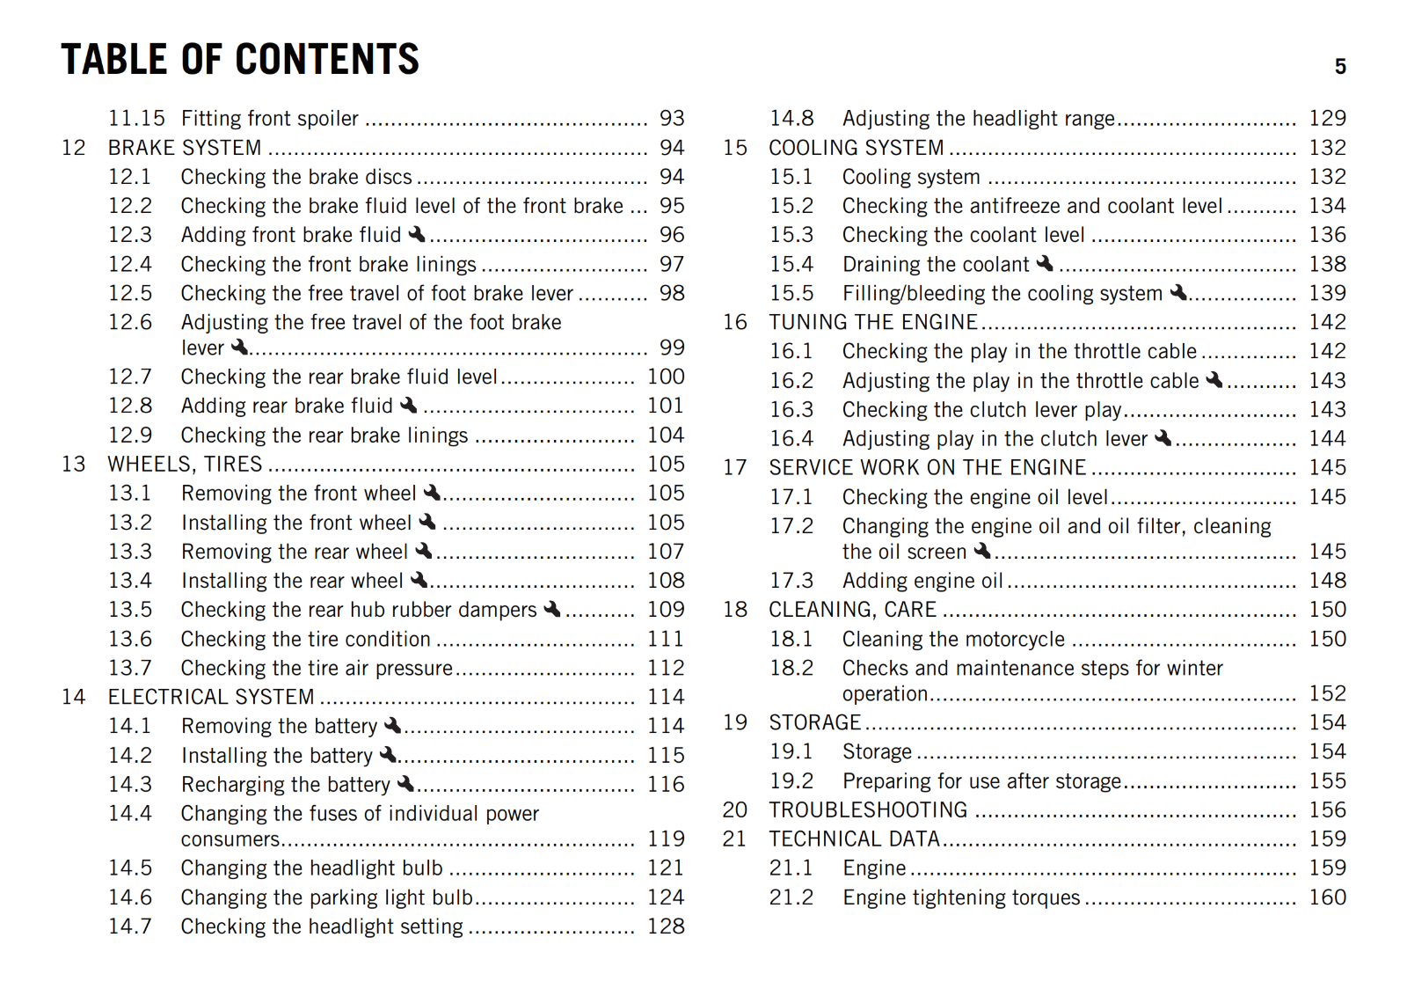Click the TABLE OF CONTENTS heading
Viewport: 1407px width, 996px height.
(x=240, y=60)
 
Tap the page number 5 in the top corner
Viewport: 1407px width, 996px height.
(x=1339, y=67)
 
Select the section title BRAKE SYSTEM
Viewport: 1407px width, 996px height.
(x=185, y=148)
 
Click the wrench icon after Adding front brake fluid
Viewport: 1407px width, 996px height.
(x=417, y=234)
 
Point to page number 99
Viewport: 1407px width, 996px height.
(x=672, y=348)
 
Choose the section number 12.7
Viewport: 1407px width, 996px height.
(x=130, y=377)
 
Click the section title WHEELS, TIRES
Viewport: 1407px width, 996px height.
(x=185, y=464)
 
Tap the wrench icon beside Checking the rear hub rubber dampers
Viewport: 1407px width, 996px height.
(x=552, y=609)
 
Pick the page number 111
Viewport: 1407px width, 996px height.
(x=666, y=639)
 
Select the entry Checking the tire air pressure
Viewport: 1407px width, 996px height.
(x=317, y=668)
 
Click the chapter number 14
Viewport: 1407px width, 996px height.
(x=74, y=697)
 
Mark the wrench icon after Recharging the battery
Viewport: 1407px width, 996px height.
(x=405, y=783)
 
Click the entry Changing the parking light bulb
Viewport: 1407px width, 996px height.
(x=326, y=897)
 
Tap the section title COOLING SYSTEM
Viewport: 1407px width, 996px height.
(x=856, y=148)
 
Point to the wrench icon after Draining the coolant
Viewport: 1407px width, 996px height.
(x=1045, y=263)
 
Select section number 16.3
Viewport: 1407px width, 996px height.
(x=791, y=410)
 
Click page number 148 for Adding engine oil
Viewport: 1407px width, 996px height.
(x=1327, y=581)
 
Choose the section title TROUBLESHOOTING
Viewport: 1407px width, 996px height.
(x=868, y=809)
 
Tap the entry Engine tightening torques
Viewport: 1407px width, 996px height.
(x=960, y=897)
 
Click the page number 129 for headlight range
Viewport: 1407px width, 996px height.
(x=1327, y=119)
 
